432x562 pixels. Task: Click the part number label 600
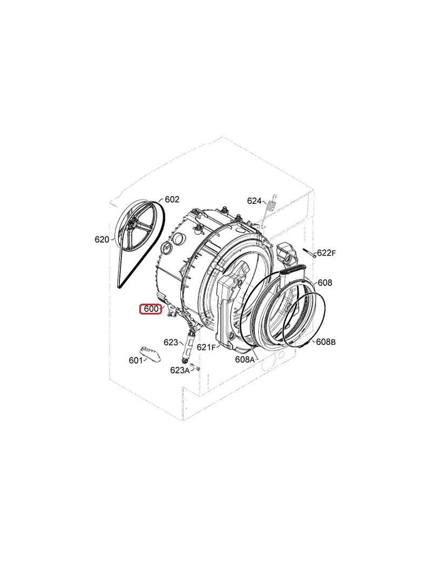coord(151,309)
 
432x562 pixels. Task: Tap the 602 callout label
coord(172,199)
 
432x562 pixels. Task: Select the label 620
coord(102,239)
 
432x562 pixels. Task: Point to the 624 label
coord(254,200)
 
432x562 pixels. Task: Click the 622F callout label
coord(326,253)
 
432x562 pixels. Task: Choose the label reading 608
coord(325,283)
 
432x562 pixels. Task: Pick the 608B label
coord(326,342)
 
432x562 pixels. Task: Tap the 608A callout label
coord(245,359)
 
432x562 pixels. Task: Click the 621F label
coord(206,347)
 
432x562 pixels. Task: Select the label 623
coord(171,342)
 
